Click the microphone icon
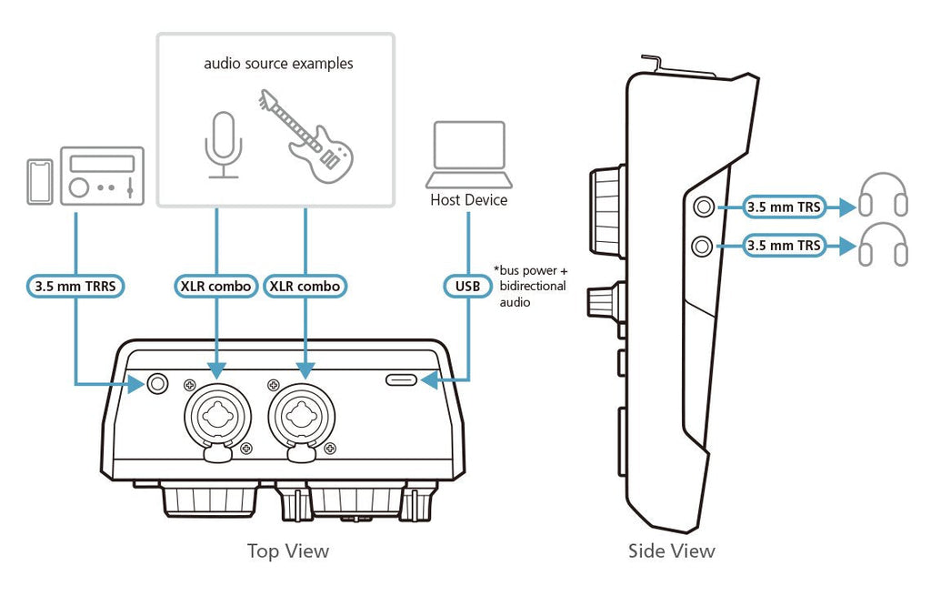point(222,145)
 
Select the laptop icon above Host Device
point(469,155)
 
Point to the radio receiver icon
point(101,177)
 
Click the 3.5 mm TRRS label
point(75,286)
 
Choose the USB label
point(467,286)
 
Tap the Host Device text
point(469,199)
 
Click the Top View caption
point(288,551)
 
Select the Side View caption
point(672,551)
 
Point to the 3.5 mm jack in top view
point(158,384)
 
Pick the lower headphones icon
point(883,246)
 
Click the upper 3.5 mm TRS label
point(784,207)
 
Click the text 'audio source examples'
point(278,64)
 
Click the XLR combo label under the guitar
point(305,286)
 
